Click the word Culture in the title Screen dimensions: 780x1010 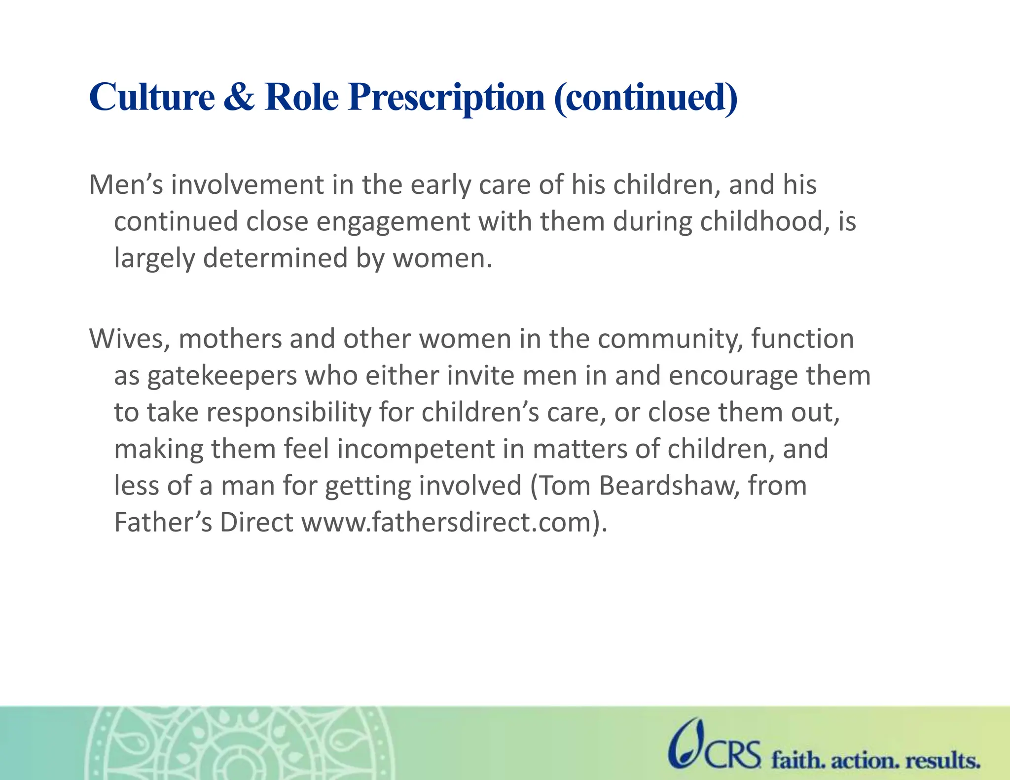[x=152, y=97]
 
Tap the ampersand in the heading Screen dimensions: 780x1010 [x=239, y=97]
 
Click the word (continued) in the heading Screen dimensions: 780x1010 [x=646, y=98]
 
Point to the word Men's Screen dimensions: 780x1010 [x=126, y=185]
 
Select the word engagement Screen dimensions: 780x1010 [x=393, y=222]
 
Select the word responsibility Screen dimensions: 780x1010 [x=289, y=413]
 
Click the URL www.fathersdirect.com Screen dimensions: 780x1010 [x=446, y=523]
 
